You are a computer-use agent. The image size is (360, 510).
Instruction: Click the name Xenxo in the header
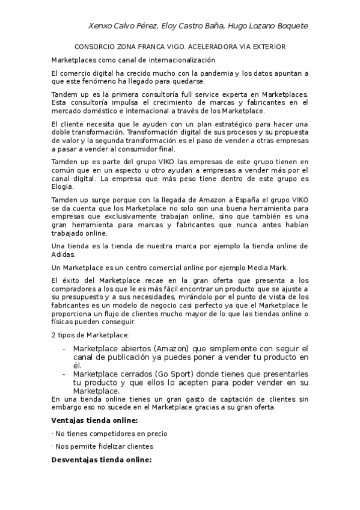pos(100,26)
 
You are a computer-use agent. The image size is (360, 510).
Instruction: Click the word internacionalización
pos(180,60)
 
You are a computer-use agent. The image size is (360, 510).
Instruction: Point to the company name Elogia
pos(63,187)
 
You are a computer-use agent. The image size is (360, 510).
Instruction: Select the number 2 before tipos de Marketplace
pos(54,334)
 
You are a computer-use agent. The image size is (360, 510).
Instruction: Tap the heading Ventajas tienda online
pos(94,420)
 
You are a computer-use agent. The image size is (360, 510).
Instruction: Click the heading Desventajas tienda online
pos(102,460)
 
